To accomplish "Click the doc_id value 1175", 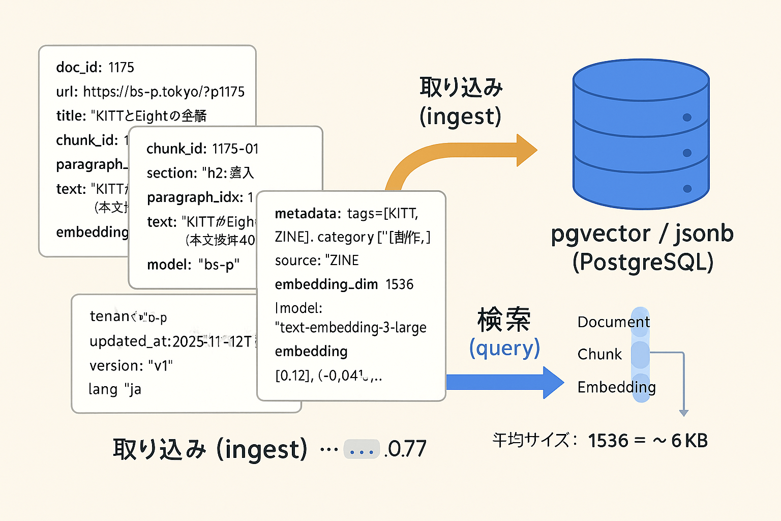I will [x=121, y=67].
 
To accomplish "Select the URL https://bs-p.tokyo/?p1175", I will [x=164, y=92].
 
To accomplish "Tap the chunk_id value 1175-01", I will [x=235, y=149].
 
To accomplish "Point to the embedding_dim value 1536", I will [x=400, y=284].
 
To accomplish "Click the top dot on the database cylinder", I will [x=687, y=118].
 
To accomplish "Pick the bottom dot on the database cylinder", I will [x=687, y=189].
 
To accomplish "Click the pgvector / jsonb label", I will [x=642, y=234].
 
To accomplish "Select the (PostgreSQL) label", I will [x=643, y=263].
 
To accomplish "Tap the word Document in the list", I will [x=614, y=322].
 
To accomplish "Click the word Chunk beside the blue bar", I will [x=599, y=354].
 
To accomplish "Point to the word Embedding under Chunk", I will [x=616, y=387].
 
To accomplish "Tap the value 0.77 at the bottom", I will [x=406, y=449].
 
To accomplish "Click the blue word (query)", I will [x=504, y=348].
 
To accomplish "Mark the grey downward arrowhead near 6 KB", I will [x=684, y=413].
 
